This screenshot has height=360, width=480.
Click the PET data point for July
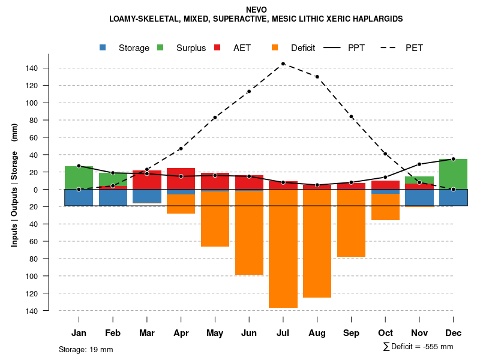[283, 64]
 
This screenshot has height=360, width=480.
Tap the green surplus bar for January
[79, 178]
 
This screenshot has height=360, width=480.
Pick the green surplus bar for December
[453, 174]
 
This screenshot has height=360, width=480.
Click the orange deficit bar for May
[215, 219]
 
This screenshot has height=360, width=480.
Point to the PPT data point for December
[453, 159]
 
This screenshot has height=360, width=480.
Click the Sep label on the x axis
[351, 333]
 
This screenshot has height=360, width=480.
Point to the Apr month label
[181, 333]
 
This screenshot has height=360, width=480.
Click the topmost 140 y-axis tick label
[32, 68]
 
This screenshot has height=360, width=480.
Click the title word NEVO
[256, 10]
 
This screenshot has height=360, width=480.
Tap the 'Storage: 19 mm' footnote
[86, 349]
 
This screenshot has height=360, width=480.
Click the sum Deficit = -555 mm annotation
[418, 347]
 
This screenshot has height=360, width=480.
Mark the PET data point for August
[317, 77]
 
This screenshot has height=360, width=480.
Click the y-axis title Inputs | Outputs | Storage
[14, 185]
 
